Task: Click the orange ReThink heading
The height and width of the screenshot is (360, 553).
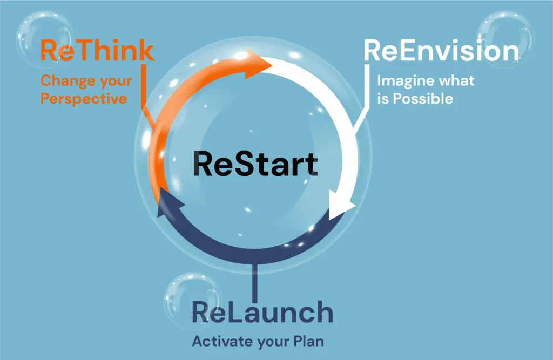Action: tap(97, 50)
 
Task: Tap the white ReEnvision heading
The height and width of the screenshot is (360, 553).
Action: tap(441, 51)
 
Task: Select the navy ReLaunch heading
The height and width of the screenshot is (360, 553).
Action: tap(262, 312)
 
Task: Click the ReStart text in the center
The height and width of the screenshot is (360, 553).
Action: tap(255, 164)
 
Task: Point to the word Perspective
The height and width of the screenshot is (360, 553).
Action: tap(84, 99)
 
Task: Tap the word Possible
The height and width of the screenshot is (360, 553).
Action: tap(423, 98)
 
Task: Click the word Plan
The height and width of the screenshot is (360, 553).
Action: tap(308, 341)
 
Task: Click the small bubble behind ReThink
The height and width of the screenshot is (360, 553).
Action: tap(45, 39)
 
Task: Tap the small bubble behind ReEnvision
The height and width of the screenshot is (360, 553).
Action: tap(505, 39)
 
